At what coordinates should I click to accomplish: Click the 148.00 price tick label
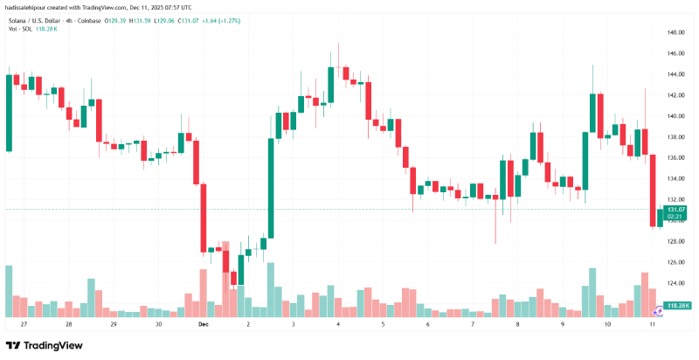(675, 32)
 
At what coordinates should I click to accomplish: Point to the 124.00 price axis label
(675, 283)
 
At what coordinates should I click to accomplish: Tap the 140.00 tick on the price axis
(675, 116)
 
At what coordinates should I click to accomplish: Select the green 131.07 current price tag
(675, 210)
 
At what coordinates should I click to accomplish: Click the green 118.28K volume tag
(678, 305)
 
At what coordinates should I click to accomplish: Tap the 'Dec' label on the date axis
(204, 324)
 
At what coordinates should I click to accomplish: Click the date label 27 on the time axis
(24, 324)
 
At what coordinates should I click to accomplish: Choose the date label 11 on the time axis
(653, 324)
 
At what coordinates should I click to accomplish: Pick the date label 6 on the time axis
(428, 324)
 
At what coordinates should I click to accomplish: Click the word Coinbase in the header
(108, 19)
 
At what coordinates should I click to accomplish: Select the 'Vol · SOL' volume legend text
(19, 28)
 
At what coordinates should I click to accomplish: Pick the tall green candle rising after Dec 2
(271, 187)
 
